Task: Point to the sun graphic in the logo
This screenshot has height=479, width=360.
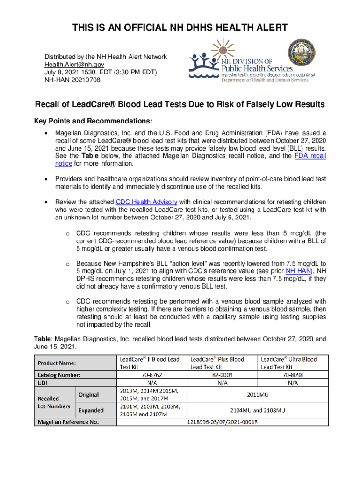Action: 225,48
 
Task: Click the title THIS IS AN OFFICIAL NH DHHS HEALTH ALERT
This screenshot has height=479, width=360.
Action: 180,29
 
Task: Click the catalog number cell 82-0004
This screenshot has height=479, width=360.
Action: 222,375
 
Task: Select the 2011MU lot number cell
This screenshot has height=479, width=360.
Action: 257,394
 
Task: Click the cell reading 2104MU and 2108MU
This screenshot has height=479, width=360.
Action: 257,410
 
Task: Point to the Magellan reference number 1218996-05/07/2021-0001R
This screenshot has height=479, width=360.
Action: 222,422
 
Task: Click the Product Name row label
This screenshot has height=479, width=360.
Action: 57,363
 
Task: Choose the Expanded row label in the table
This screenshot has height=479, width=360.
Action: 91,410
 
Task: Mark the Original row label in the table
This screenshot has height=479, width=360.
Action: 88,394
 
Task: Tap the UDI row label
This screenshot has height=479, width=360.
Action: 43,383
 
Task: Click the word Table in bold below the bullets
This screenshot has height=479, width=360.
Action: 43,339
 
